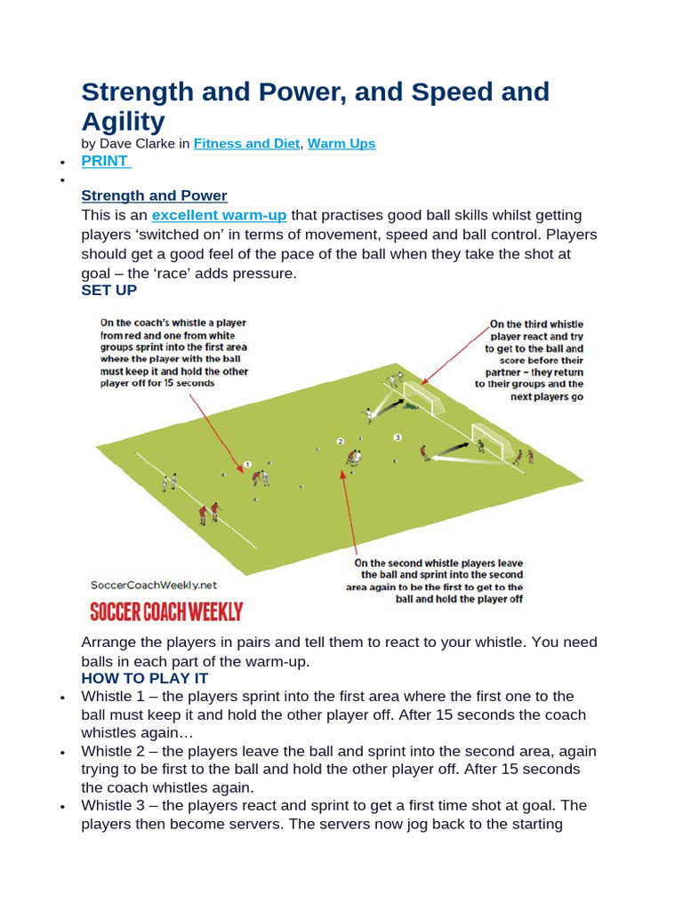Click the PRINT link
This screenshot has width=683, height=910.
107,162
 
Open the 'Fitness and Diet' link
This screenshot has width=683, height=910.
247,143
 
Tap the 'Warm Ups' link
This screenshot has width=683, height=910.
341,143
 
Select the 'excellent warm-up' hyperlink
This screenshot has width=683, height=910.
219,215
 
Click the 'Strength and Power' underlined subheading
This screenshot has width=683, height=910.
154,196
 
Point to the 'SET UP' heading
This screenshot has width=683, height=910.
109,291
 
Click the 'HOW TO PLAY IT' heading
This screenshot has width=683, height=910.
145,678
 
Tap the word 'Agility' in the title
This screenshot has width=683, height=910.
123,122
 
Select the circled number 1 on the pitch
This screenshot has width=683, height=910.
247,464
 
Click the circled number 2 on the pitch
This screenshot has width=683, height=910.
341,442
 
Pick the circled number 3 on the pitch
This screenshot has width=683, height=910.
398,437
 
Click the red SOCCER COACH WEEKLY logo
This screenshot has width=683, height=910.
166,611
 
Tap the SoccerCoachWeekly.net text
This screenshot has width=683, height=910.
154,585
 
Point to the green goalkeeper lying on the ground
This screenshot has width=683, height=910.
411,405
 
